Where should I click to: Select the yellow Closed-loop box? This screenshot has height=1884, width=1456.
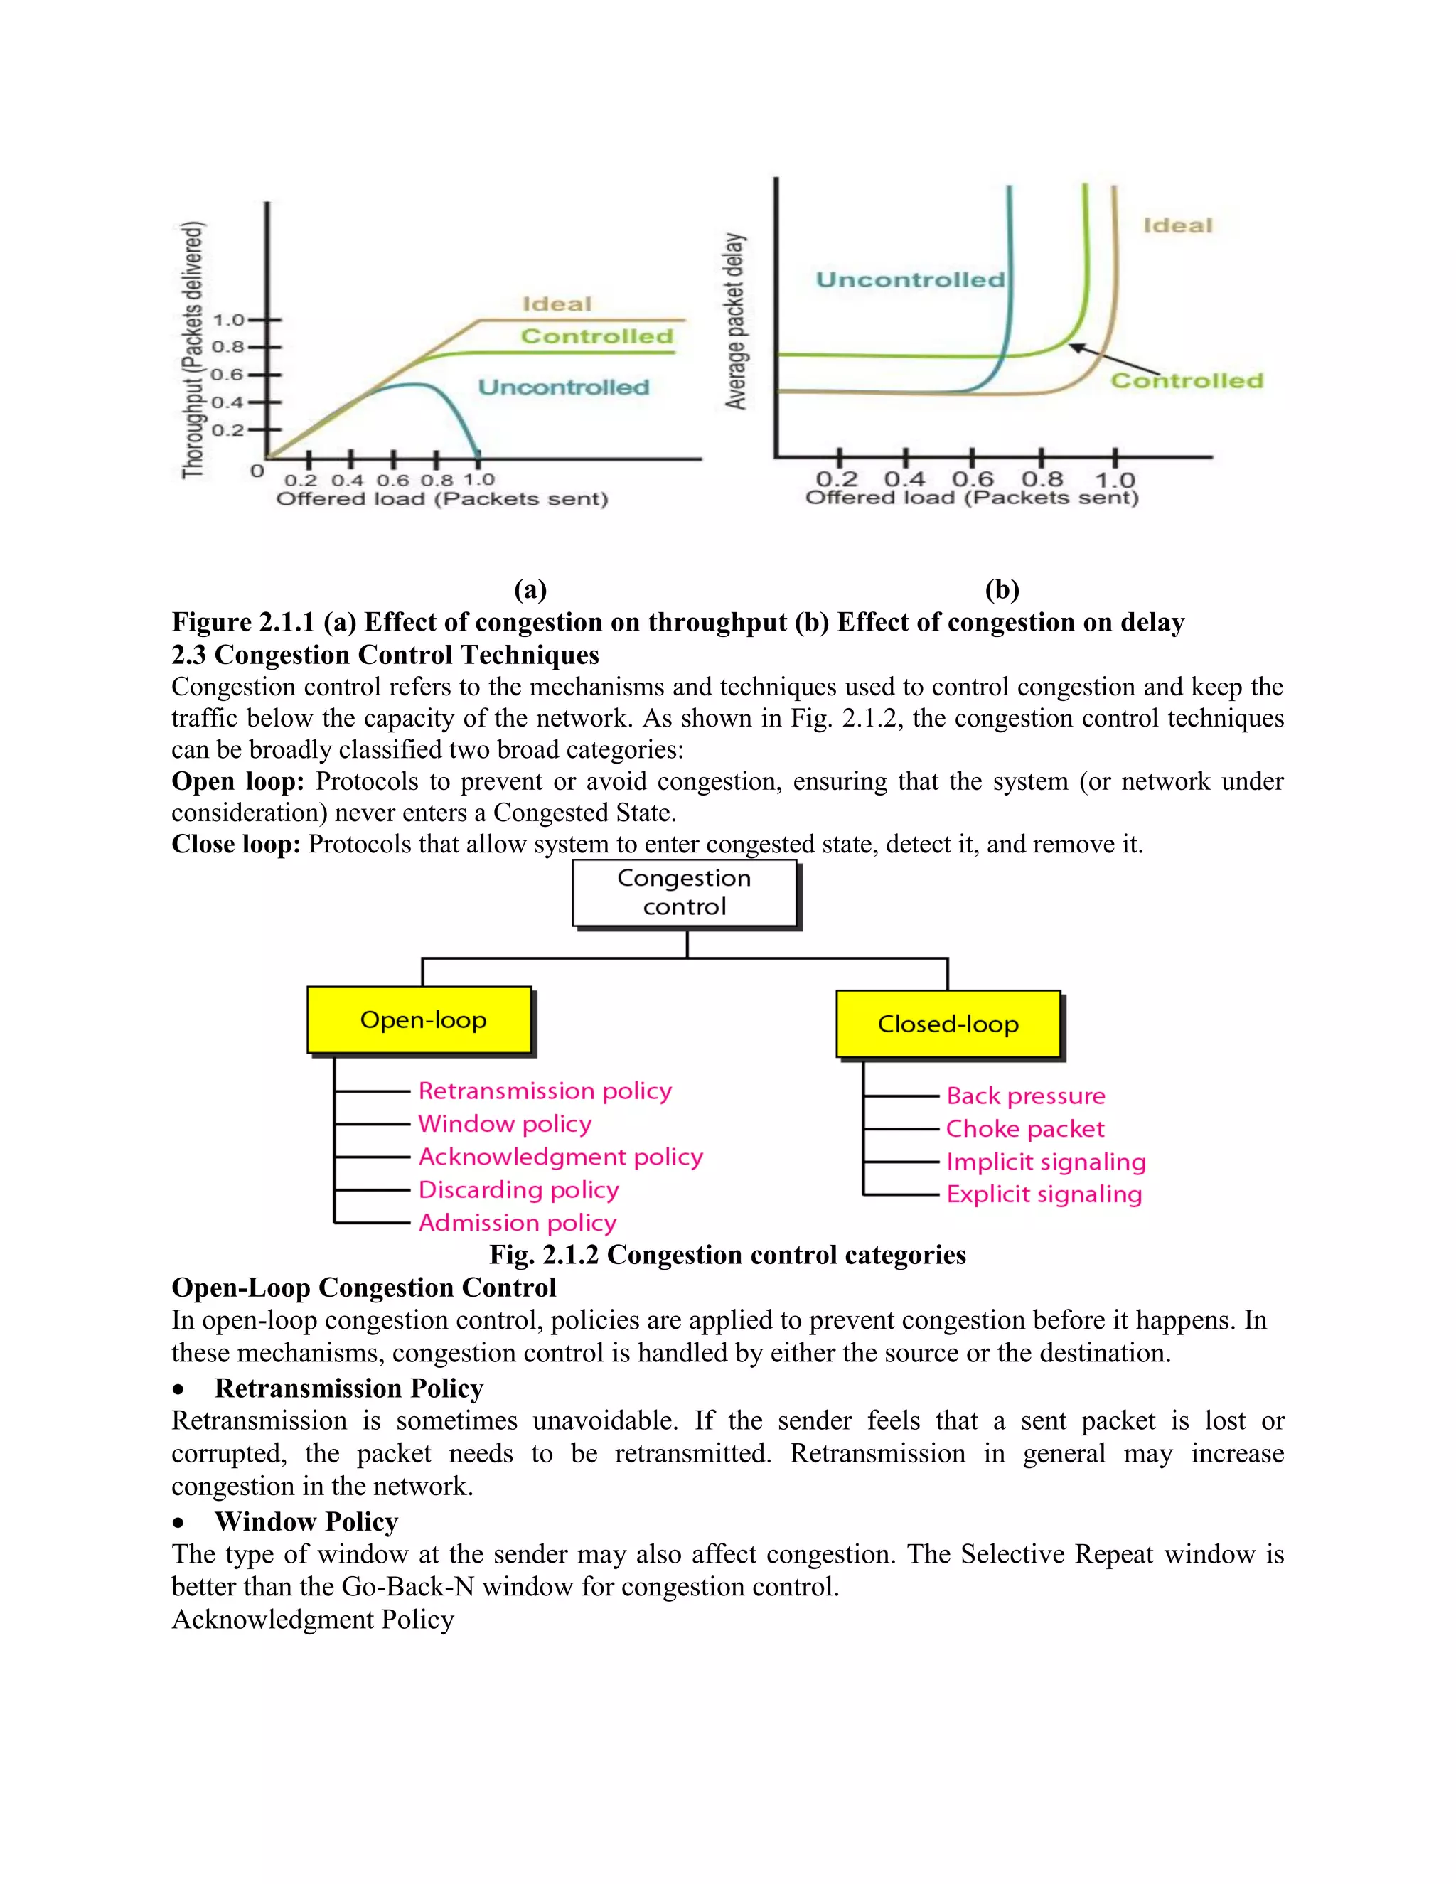click(948, 1024)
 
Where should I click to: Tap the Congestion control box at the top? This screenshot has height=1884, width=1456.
click(685, 893)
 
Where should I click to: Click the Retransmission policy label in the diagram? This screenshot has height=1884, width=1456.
click(545, 1091)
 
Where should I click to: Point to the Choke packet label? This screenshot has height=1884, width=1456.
click(1024, 1128)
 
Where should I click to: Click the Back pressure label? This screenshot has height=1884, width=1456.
click(1026, 1096)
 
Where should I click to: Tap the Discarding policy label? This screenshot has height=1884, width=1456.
click(518, 1189)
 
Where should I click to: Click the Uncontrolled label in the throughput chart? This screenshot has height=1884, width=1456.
click(563, 387)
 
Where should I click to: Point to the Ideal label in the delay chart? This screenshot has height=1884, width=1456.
click(1177, 226)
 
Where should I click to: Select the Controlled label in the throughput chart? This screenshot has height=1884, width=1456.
click(596, 336)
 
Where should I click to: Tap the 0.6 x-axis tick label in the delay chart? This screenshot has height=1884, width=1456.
click(972, 478)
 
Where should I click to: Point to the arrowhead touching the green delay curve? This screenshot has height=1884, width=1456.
click(1074, 347)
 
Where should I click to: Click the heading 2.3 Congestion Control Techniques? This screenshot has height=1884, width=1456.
click(385, 655)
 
